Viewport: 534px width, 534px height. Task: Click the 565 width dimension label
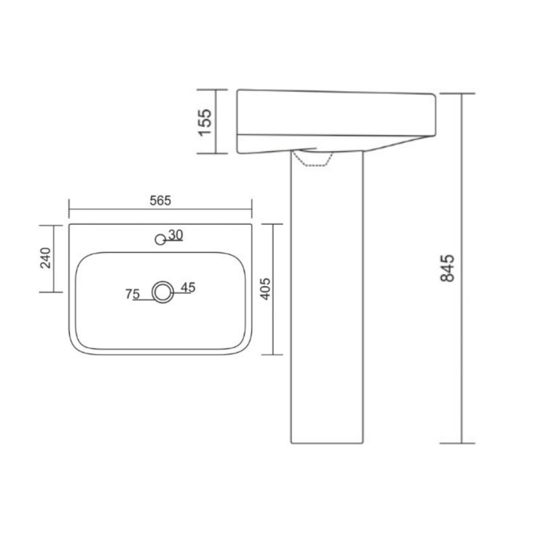coord(160,201)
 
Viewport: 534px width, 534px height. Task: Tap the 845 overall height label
coord(448,268)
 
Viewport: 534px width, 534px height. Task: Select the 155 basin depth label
coord(205,122)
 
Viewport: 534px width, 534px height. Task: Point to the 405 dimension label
coord(265,289)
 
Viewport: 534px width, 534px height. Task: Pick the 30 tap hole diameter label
coord(176,235)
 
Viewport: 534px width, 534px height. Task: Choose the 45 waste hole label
coord(188,288)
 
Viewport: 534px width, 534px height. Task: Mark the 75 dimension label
coord(132,294)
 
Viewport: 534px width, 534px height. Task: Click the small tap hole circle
coord(160,239)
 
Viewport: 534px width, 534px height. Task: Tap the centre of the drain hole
coord(163,292)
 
